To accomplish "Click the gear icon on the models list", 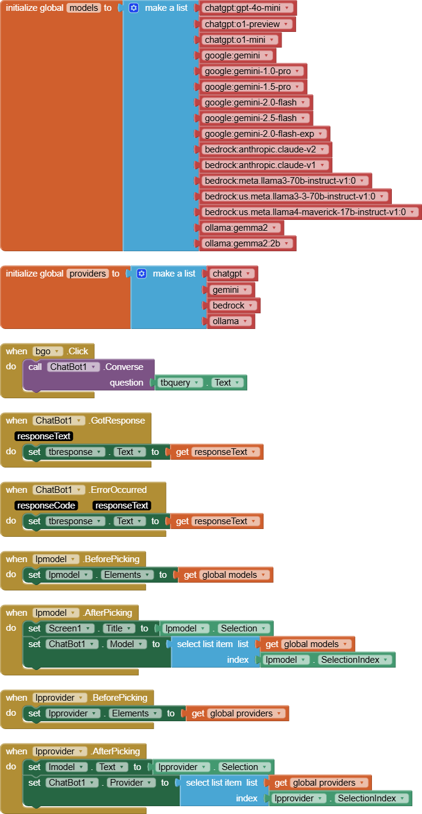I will coord(134,8).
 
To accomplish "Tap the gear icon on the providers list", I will coord(142,274).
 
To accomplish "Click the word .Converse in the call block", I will coord(124,367).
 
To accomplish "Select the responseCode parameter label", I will coord(46,506).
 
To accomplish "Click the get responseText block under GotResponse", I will coord(217,452).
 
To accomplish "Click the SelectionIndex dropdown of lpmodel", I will coord(355,660).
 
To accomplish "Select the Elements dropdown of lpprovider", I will coord(134,713).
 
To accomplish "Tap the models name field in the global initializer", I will coord(83,8).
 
